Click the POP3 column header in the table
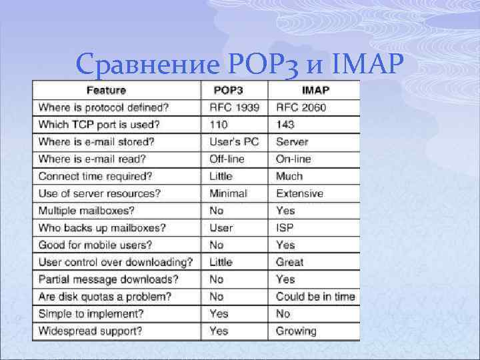coord(229,90)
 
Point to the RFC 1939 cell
coord(233,107)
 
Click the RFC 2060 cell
coord(301,107)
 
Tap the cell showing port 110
coord(218,125)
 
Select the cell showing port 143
coord(285,125)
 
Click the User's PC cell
coord(233,142)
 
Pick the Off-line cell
coord(227,159)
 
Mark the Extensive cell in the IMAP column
coord(299,193)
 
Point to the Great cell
coord(289,262)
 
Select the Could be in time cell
coord(315,297)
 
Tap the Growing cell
coord(296,331)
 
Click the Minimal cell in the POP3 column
coord(228,193)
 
